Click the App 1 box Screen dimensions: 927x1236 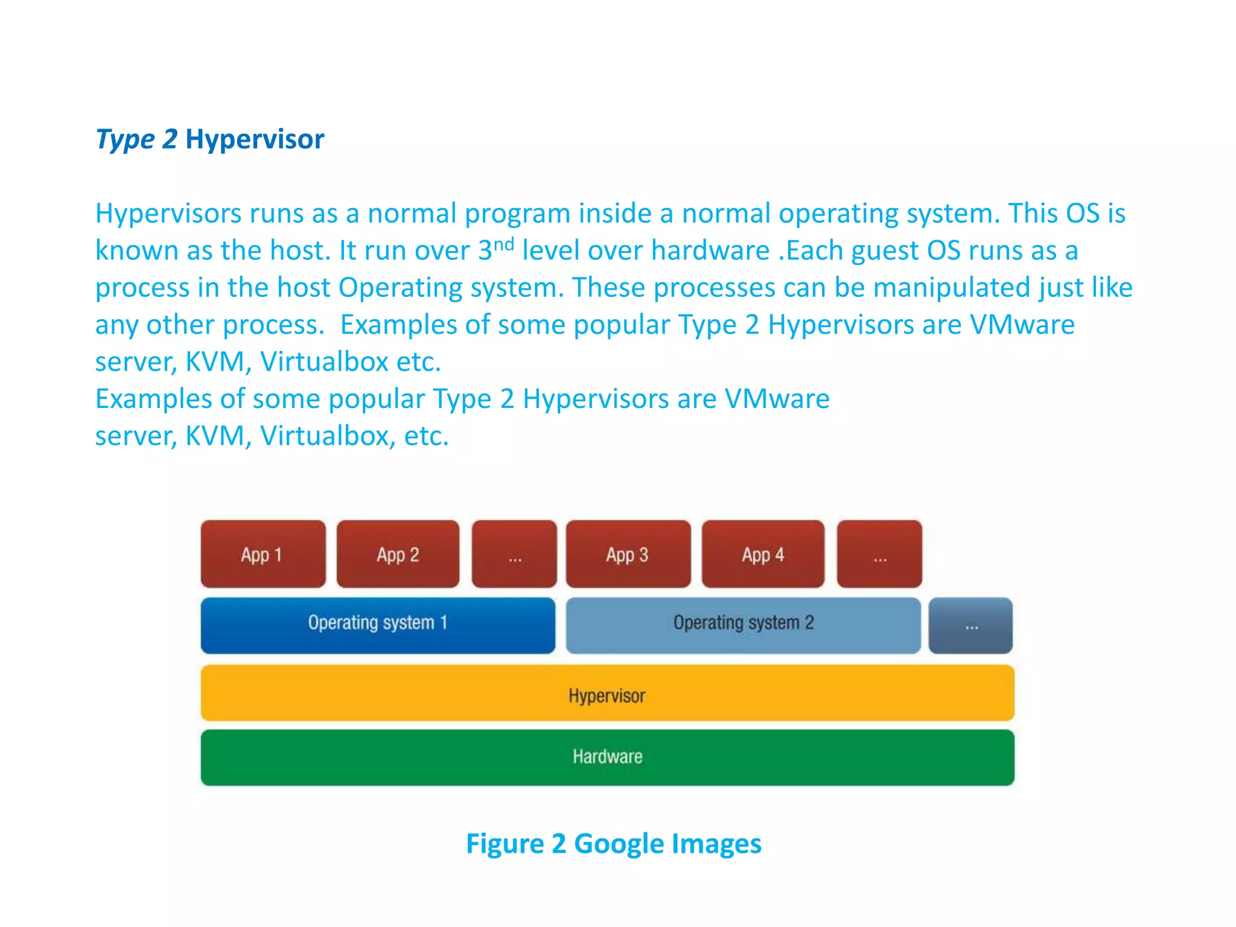coord(263,554)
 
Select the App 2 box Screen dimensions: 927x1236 coord(398,554)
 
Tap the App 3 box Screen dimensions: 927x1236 coord(628,554)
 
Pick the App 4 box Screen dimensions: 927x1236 coord(763,554)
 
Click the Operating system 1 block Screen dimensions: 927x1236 coord(378,625)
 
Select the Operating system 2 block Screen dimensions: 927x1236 coord(743,625)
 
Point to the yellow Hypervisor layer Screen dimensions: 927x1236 coord(607,693)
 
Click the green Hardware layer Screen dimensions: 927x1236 coord(607,757)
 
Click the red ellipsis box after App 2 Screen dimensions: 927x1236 coord(514,554)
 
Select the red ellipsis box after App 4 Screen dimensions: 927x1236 coord(879,554)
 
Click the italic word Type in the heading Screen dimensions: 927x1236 coord(126,139)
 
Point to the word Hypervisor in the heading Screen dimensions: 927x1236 coord(255,139)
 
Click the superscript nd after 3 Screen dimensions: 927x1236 coord(504,244)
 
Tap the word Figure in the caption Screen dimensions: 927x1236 coord(505,844)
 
